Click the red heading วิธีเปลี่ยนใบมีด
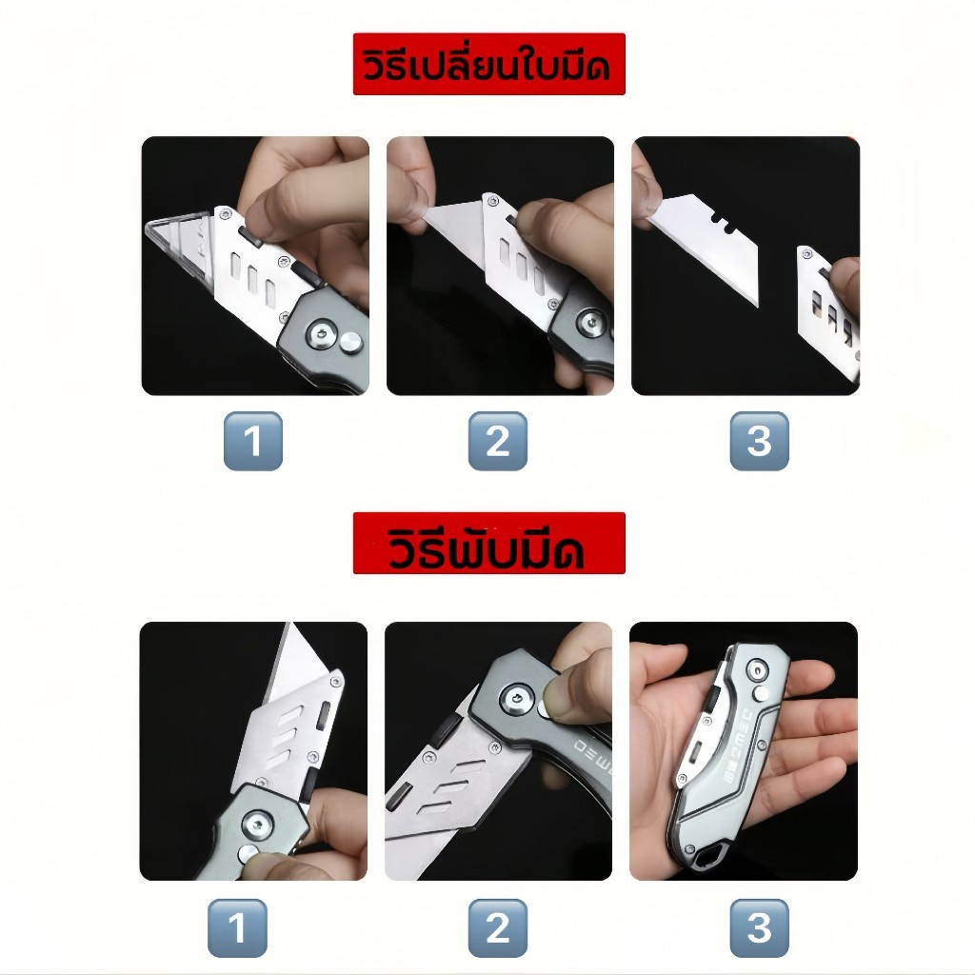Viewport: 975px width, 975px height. [488, 64]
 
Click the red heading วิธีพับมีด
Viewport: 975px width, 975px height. [488, 544]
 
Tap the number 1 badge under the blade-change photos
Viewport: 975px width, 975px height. [253, 441]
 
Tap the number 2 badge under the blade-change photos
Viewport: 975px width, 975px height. [497, 441]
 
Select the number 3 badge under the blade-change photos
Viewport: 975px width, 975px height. [759, 441]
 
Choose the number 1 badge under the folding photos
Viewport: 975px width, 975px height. [237, 927]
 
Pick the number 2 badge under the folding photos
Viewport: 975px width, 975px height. [497, 927]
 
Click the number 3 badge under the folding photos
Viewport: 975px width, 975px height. [759, 927]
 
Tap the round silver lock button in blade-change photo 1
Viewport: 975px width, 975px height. [350, 342]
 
